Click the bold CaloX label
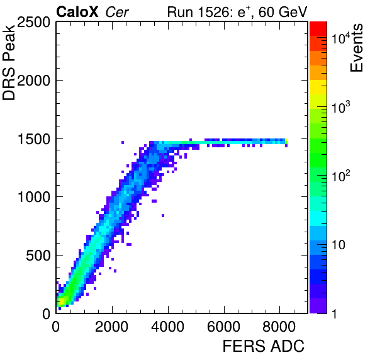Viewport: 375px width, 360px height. point(77,12)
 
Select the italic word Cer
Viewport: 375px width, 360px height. point(117,12)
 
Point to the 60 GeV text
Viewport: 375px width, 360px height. point(283,12)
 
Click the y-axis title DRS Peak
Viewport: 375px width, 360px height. point(9,62)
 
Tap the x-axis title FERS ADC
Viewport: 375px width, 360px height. point(264,346)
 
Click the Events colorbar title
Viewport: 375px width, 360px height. point(356,48)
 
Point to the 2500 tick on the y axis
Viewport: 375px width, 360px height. point(33,22)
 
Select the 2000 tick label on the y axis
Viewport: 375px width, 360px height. point(33,81)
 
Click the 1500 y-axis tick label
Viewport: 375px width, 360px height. point(34,138)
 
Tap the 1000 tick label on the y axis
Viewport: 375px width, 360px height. point(34,197)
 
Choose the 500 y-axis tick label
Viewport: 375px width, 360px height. point(38,256)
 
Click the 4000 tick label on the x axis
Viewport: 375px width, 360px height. point(168,326)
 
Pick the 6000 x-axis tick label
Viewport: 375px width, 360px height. point(224,326)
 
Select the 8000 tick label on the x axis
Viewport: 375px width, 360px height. point(279,326)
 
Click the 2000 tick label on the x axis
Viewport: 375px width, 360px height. point(112,326)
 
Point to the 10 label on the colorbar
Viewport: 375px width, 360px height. point(339,245)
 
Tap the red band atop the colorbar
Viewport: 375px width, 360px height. point(318,29)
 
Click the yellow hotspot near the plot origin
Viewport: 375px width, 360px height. point(61,300)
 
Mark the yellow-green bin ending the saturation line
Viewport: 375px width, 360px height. point(286,142)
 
